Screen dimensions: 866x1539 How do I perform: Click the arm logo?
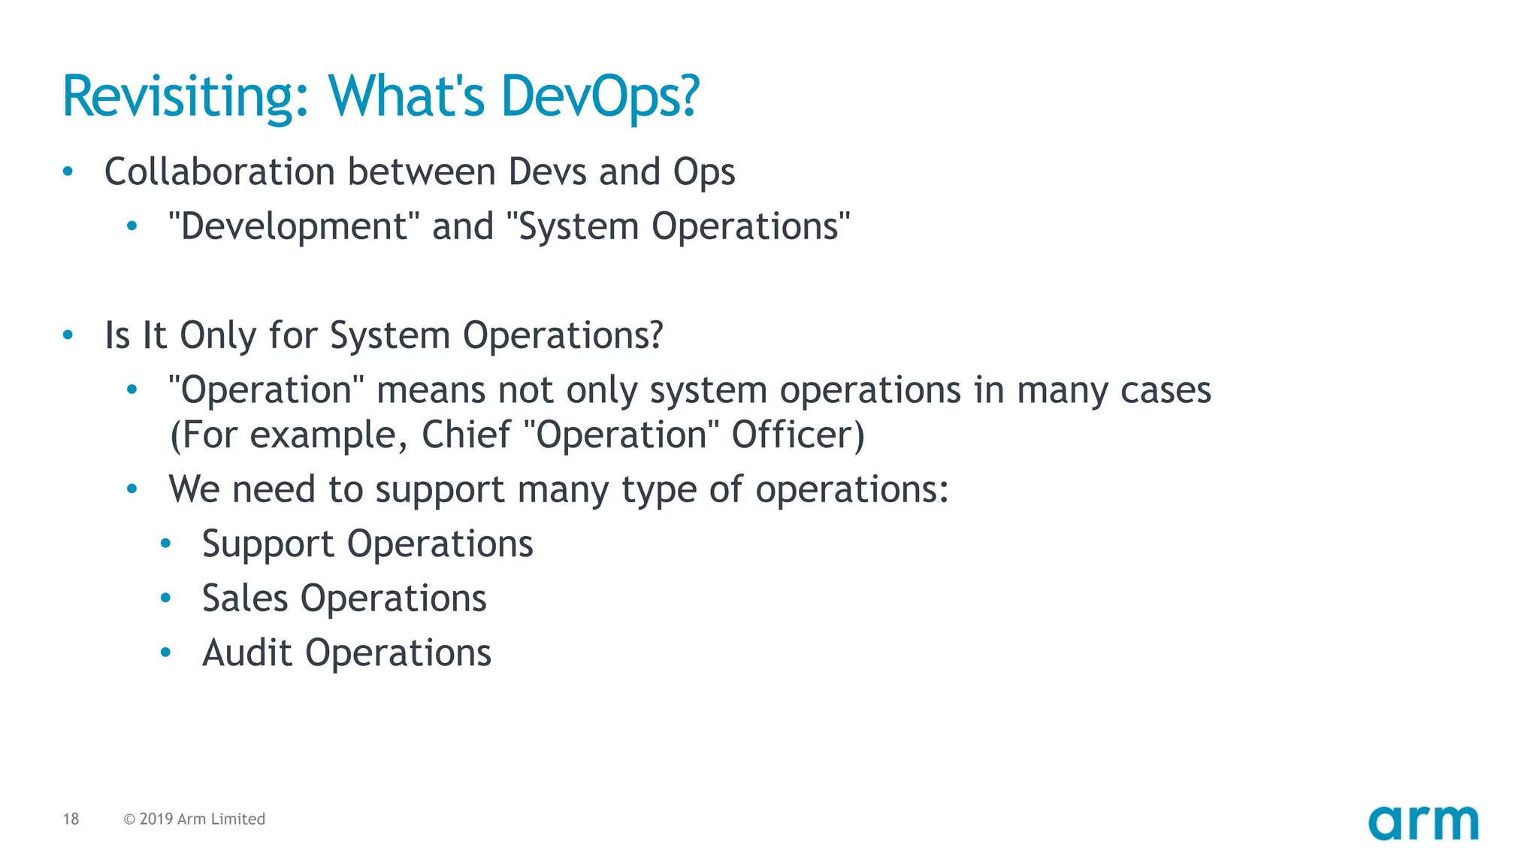tap(1423, 822)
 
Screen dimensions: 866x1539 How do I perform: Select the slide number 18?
tap(71, 819)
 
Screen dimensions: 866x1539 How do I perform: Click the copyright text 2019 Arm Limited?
tap(201, 819)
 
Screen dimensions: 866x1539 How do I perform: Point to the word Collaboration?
tap(219, 171)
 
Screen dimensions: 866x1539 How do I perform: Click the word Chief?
tap(465, 435)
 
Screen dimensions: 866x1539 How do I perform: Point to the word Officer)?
tap(798, 435)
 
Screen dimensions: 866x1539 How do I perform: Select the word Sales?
tap(245, 598)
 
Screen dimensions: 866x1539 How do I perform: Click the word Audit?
tap(246, 653)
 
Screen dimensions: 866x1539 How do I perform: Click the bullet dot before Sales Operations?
tap(166, 598)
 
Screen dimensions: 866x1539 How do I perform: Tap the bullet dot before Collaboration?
tap(68, 172)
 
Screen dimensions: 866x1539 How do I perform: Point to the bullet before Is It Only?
tap(68, 335)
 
